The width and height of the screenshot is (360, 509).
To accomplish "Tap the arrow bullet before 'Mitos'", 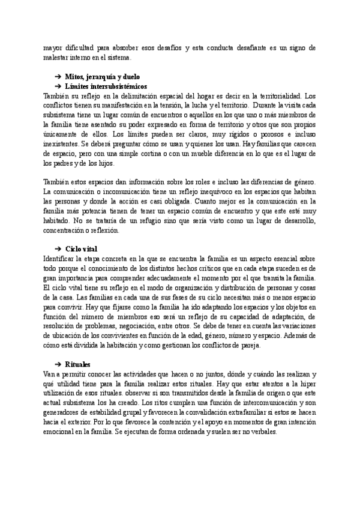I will [x=58, y=78].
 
